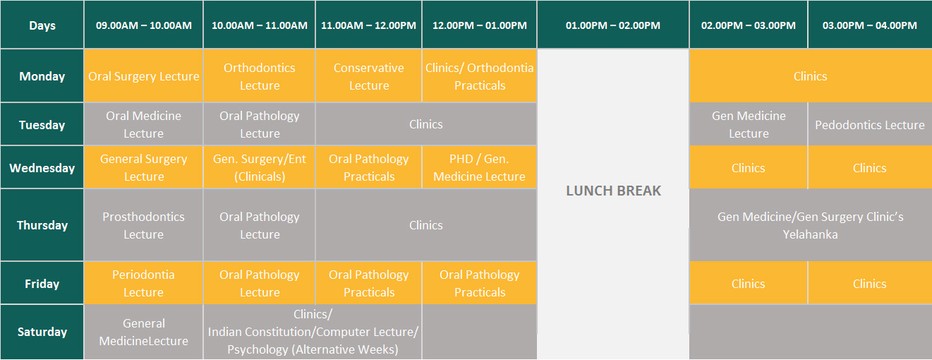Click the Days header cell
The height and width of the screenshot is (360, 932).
tap(42, 25)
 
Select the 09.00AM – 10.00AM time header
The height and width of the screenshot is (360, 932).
tap(143, 25)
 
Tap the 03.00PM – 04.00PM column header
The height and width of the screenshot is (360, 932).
tap(870, 25)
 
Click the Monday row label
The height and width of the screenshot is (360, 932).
tap(42, 76)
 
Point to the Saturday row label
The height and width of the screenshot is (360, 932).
tap(42, 332)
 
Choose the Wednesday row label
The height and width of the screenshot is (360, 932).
tap(42, 168)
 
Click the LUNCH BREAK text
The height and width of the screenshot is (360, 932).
tap(613, 191)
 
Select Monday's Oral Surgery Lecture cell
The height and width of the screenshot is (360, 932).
tap(143, 76)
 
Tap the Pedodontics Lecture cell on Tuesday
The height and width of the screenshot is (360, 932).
tap(870, 124)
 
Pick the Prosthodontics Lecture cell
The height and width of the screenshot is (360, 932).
tap(143, 225)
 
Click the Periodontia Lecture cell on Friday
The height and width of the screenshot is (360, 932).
tap(143, 283)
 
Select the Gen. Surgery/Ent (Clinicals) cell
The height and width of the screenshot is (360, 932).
tap(259, 167)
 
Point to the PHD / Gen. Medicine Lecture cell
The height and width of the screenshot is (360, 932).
tap(479, 167)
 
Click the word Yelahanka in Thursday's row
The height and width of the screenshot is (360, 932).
tap(810, 234)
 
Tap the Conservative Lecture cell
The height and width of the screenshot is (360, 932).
tap(369, 76)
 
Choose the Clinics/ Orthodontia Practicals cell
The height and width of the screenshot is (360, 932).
tap(479, 76)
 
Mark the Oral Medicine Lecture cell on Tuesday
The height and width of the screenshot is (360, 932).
tap(143, 124)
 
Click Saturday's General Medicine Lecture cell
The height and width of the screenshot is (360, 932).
tap(143, 332)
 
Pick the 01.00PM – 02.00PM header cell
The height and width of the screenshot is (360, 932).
tap(613, 25)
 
